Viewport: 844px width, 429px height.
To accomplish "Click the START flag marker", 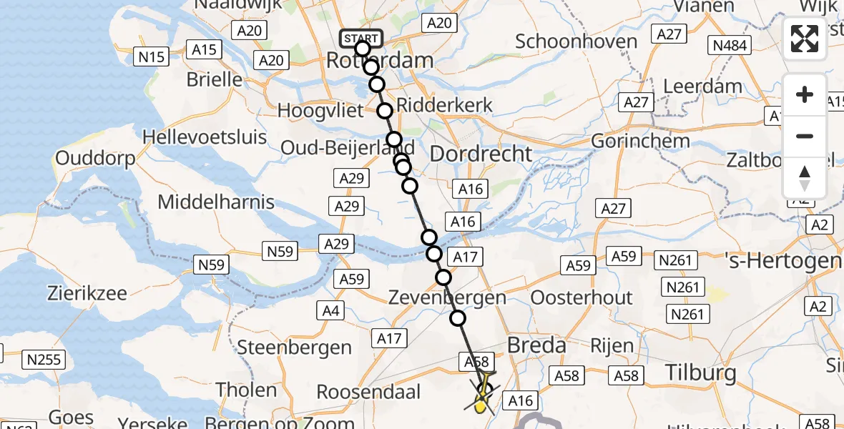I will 362,38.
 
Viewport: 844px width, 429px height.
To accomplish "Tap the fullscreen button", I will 805,39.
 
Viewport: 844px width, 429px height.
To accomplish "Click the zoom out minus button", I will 805,136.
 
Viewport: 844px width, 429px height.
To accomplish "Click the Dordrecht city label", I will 481,154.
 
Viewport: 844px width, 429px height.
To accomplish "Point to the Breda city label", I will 536,345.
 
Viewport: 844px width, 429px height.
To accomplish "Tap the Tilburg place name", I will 700,372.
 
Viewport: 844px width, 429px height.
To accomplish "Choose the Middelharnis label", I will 216,202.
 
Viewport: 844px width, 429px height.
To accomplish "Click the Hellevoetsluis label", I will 205,137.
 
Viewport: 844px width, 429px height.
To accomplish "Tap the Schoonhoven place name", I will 576,41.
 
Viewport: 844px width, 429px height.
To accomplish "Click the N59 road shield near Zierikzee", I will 211,265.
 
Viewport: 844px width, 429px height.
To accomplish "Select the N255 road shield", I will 44,359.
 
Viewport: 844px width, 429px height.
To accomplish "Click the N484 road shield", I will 730,46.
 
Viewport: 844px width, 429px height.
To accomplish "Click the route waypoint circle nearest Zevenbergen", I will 443,277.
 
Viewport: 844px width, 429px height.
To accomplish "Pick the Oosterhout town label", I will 582,297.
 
